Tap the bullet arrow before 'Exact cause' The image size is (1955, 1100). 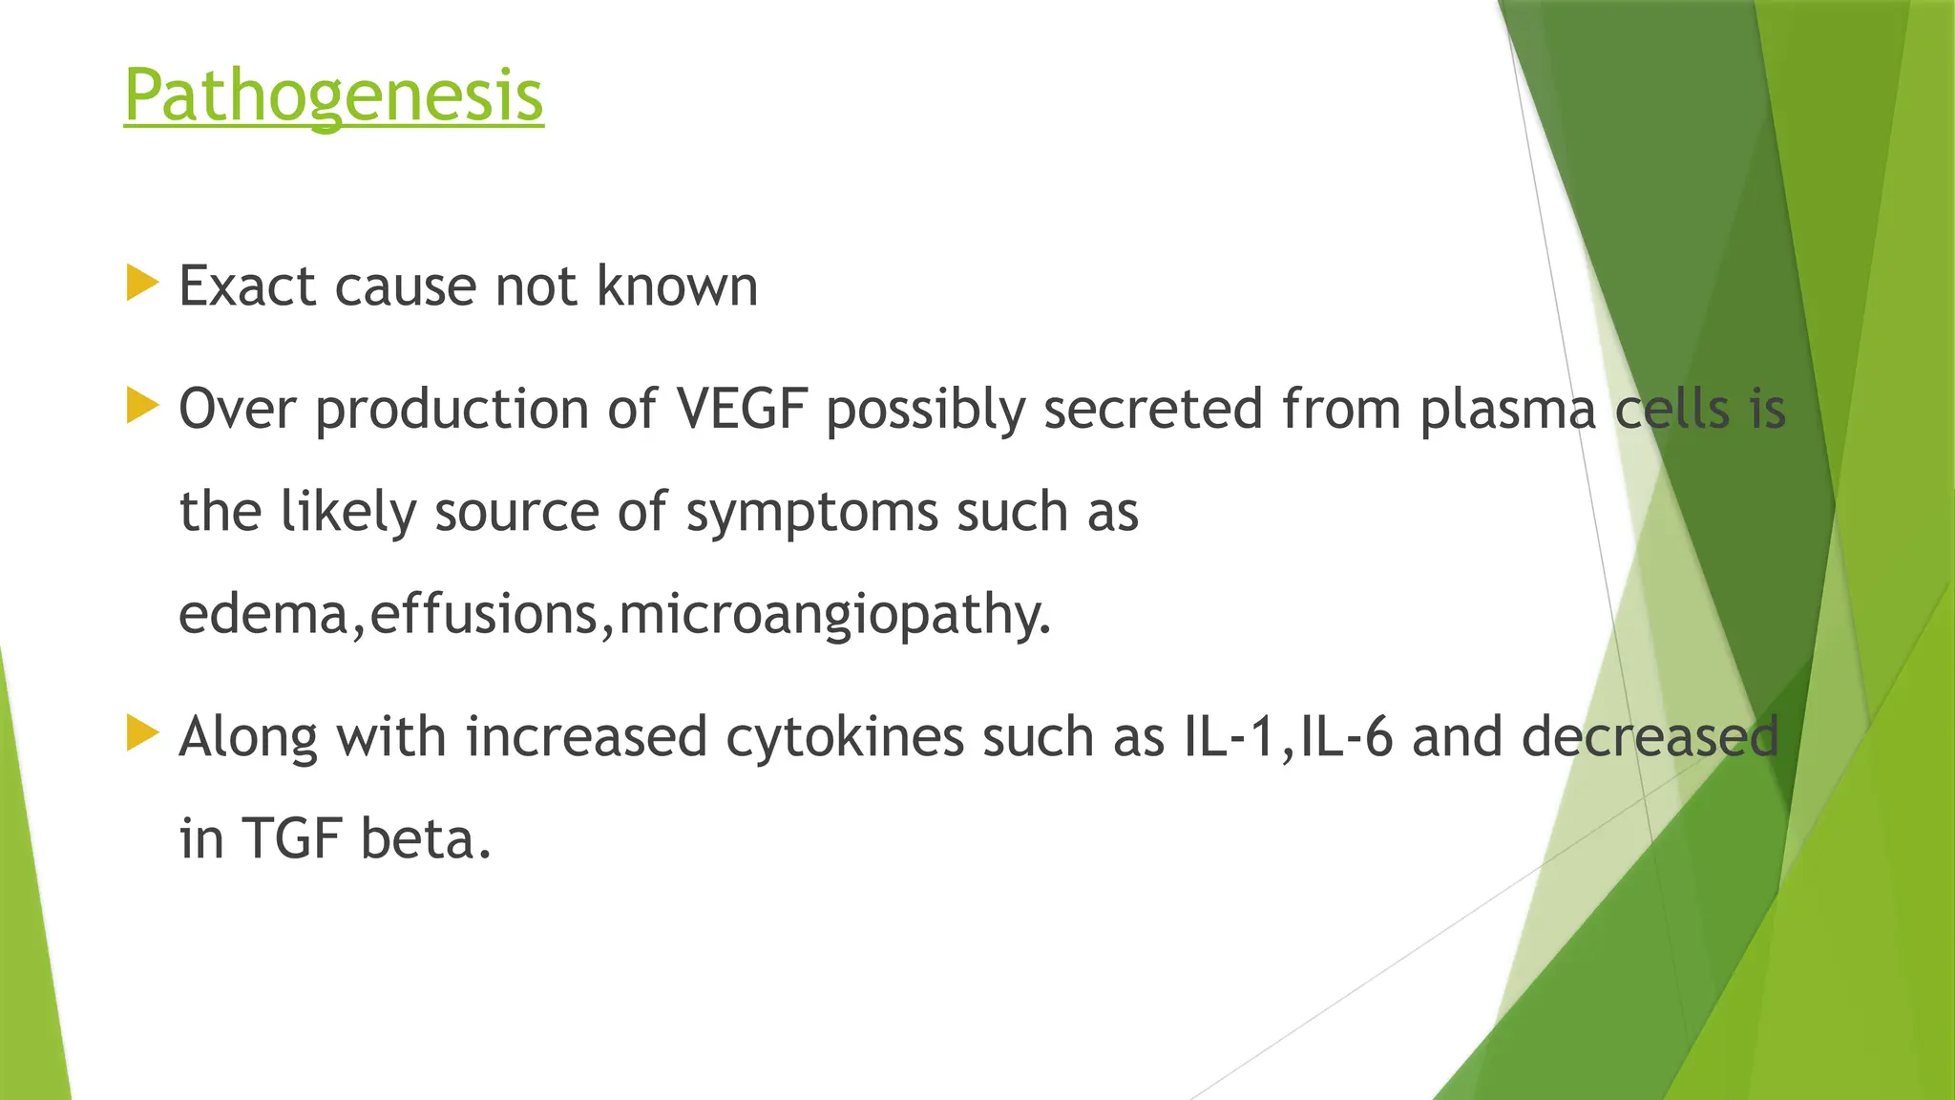pos(141,285)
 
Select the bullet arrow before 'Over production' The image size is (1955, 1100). pos(141,407)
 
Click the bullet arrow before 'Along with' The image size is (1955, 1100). pos(141,734)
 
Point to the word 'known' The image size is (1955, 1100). pos(677,286)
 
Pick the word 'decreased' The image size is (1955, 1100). pos(1650,737)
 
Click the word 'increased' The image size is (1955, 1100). pos(586,737)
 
